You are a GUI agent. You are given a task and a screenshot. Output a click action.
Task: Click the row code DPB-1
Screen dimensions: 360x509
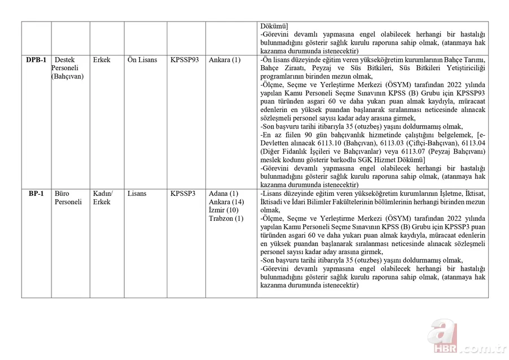(36, 60)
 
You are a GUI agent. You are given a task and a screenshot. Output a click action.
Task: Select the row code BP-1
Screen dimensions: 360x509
(36, 194)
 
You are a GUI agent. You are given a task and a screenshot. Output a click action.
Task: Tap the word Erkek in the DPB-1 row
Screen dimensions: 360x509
(102, 60)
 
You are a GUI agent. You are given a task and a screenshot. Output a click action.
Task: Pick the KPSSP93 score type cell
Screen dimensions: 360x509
(184, 60)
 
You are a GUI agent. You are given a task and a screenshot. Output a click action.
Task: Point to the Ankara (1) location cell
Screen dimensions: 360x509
(225, 60)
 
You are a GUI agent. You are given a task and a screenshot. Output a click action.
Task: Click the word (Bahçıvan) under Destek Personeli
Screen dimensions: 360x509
(67, 76)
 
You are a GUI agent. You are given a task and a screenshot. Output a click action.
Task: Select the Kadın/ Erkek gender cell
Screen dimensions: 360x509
(103, 198)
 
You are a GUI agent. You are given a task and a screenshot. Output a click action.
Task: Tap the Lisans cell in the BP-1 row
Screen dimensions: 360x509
(137, 194)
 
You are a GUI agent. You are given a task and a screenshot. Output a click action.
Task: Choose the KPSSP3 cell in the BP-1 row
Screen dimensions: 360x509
(183, 194)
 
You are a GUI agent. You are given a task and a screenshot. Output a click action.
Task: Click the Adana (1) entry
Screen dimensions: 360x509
(223, 194)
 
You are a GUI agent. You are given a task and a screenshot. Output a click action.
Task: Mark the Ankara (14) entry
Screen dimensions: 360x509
(226, 202)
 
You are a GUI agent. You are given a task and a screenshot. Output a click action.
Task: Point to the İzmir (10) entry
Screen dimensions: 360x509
(225, 211)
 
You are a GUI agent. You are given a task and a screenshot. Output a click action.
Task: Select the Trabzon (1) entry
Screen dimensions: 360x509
(226, 218)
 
